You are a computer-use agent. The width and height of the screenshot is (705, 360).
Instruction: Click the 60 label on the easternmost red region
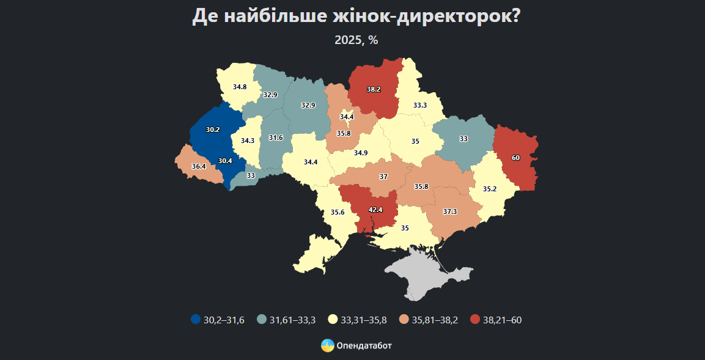point(515,158)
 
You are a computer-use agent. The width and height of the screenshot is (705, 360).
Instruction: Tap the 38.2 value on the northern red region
point(374,89)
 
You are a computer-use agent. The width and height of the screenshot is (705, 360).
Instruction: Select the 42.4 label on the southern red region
point(375,210)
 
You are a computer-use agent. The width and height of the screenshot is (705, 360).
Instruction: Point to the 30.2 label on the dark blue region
point(213,130)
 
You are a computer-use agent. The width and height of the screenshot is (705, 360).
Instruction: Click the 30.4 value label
point(225,161)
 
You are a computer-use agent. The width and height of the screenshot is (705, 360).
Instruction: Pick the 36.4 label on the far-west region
point(198,166)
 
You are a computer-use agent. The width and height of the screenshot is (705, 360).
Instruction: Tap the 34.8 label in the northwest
point(240,87)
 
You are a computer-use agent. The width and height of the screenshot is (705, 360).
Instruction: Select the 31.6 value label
point(276,138)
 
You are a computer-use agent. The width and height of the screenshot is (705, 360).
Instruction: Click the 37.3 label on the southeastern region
point(450,211)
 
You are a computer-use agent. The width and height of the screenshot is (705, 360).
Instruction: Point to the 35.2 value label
point(490,189)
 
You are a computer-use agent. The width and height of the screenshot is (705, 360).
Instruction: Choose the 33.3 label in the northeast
point(419,105)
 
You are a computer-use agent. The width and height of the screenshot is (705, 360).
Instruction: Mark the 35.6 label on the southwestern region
point(338,213)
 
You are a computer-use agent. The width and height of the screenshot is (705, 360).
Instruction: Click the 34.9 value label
point(361,153)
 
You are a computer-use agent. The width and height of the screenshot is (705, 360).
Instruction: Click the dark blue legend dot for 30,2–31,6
point(196,320)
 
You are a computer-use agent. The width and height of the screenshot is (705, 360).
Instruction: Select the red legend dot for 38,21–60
point(475,320)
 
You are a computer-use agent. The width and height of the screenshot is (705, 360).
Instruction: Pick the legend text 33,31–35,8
point(366,320)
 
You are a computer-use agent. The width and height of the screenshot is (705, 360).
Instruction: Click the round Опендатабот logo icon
point(328,345)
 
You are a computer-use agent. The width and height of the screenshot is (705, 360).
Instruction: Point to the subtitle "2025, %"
point(356,40)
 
